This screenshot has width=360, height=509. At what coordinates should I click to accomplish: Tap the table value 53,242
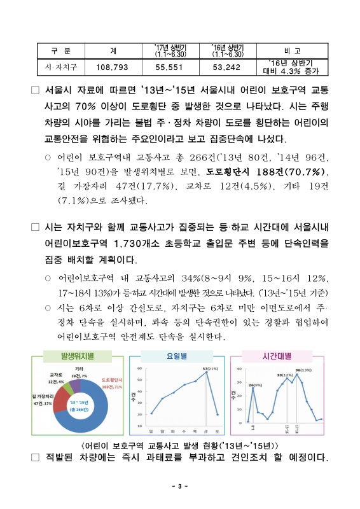227,66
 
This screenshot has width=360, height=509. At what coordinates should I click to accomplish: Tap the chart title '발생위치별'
77,356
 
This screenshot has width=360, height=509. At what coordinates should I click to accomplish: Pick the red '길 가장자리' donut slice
62,401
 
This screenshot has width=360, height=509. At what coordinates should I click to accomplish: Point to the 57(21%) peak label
209,369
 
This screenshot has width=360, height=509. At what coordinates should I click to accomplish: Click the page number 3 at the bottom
180,487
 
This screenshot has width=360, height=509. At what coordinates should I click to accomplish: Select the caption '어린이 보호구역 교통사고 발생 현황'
180,443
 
